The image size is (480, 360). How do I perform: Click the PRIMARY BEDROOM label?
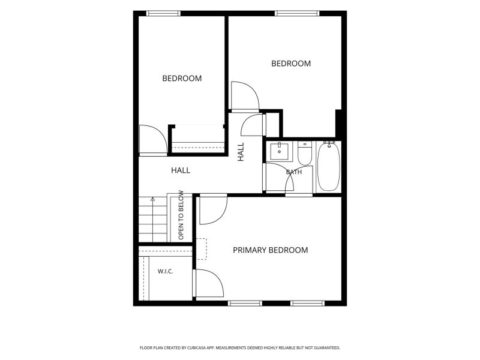(271, 250)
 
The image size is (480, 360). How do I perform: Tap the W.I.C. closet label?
(166, 271)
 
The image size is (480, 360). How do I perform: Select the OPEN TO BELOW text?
(181, 215)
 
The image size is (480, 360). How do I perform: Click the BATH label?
(294, 172)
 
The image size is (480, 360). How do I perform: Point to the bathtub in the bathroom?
(328, 167)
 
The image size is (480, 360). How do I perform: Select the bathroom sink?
(279, 151)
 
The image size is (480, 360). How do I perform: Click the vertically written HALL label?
(241, 152)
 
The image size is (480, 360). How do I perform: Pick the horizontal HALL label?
(181, 170)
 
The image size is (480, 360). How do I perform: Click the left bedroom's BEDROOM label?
(182, 79)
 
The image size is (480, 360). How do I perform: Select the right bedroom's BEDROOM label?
(291, 64)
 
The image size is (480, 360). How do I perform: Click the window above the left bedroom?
(163, 13)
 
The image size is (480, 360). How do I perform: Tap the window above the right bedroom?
(297, 13)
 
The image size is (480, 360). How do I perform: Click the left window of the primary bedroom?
(245, 304)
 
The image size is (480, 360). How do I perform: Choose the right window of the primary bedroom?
(307, 304)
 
